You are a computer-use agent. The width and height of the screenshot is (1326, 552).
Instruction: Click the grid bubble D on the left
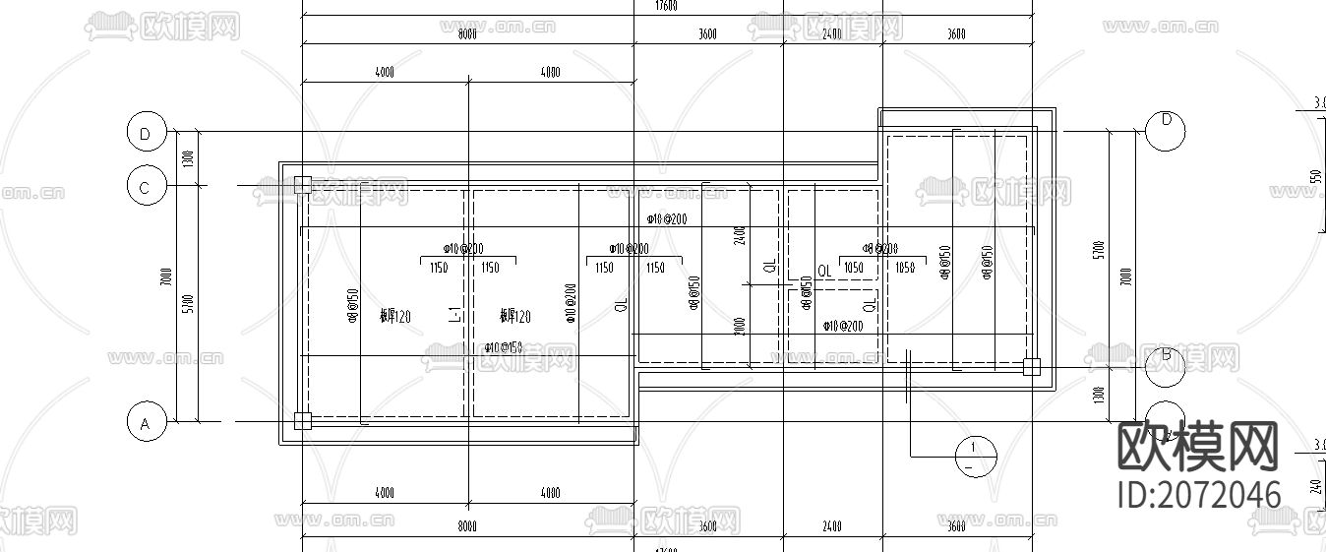coord(146,132)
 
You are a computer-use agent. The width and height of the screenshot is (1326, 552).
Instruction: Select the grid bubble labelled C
coord(146,186)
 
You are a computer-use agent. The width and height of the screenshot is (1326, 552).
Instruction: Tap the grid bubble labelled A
coord(146,423)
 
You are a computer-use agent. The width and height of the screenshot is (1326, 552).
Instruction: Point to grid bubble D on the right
coord(1166,131)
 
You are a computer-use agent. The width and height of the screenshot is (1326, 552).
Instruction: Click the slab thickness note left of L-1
coord(394,317)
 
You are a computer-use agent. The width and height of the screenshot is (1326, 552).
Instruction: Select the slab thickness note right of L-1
coord(514,317)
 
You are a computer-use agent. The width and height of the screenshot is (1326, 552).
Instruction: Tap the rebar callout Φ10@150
coord(503,347)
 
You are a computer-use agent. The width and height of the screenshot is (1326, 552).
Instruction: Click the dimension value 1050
coord(853,268)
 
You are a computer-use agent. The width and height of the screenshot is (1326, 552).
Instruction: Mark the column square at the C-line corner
coord(302,184)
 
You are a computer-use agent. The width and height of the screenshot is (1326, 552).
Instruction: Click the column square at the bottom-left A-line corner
coord(302,421)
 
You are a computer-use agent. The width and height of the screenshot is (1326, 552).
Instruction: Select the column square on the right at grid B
coord(1030,367)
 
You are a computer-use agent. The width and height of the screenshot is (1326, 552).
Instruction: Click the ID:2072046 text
coord(1199,494)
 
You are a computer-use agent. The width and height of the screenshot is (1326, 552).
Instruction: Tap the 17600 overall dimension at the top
coord(666,6)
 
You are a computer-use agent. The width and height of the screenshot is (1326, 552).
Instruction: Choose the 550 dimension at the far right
coord(1315,177)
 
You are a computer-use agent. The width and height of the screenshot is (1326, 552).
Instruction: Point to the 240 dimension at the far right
coord(1315,484)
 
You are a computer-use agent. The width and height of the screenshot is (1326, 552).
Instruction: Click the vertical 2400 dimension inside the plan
coord(741,235)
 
